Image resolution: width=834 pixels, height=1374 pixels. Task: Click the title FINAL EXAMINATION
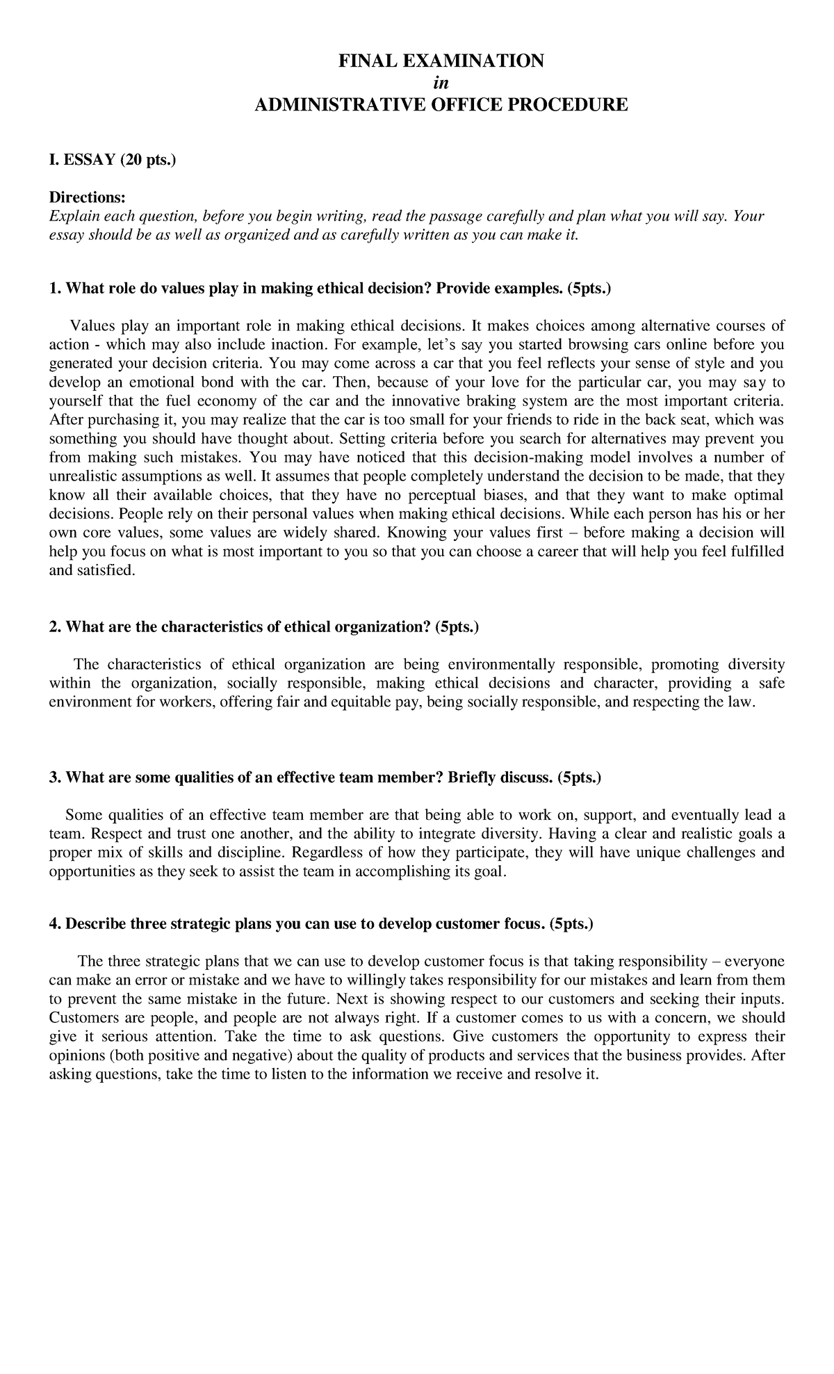(441, 61)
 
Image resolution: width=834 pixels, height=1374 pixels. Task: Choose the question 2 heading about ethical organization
(264, 627)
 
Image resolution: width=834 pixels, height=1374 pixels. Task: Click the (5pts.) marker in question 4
(571, 924)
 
